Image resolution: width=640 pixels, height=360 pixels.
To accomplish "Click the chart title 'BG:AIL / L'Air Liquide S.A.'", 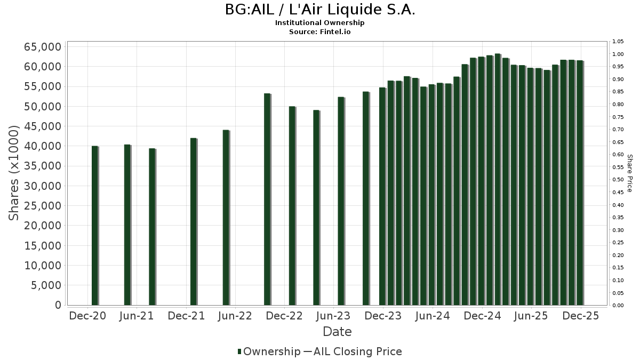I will click(x=320, y=10).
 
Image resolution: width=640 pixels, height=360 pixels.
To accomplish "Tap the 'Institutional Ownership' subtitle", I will click(x=320, y=23).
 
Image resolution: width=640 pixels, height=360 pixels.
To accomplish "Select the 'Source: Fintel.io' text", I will click(x=320, y=31).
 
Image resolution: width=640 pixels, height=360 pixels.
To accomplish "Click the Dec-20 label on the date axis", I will click(x=88, y=316).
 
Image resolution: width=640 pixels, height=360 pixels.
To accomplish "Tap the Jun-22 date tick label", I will click(x=235, y=316).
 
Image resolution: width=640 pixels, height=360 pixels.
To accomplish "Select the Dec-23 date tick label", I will click(x=383, y=316).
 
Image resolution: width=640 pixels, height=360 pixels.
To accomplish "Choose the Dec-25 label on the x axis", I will click(x=580, y=316).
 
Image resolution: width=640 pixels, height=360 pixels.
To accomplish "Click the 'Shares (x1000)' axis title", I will click(x=15, y=173).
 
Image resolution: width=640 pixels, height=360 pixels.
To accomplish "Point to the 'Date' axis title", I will click(x=337, y=332).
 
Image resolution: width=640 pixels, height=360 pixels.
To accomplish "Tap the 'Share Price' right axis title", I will click(x=630, y=173).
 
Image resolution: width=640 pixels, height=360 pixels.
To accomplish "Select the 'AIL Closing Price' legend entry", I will click(x=357, y=351).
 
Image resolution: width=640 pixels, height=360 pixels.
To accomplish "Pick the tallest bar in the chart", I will click(x=497, y=179).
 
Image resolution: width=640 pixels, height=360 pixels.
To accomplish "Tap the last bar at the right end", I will click(x=580, y=183).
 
